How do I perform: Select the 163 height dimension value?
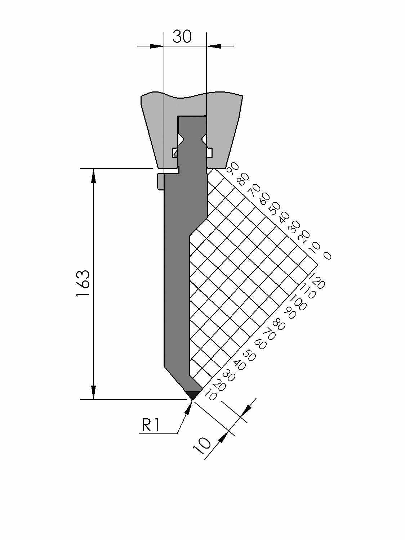click(83, 283)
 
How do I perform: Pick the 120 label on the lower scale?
click(317, 281)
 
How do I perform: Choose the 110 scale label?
click(308, 291)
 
